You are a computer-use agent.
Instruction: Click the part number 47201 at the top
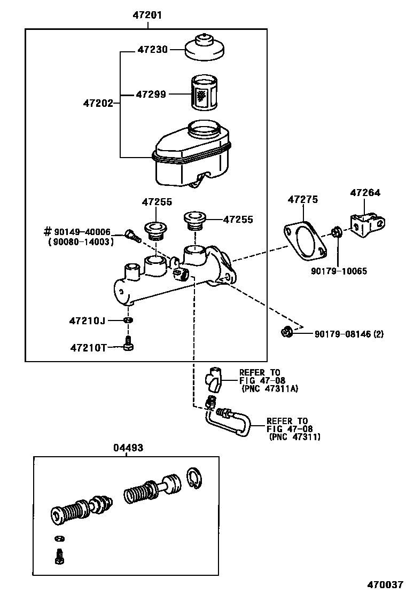pos(147,15)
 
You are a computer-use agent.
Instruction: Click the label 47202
pos(98,103)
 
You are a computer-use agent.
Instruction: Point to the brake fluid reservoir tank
pos(192,155)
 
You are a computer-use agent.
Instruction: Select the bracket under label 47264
pos(366,224)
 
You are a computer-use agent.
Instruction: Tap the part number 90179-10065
pos(338,271)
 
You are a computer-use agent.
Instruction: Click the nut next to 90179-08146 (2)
pos(286,333)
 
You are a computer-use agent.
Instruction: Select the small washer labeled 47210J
pos(128,320)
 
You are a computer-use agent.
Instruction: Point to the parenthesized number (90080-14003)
pos(80,241)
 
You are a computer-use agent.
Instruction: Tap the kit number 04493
pos(128,448)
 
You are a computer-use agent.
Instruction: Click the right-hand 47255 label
pos(238,220)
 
